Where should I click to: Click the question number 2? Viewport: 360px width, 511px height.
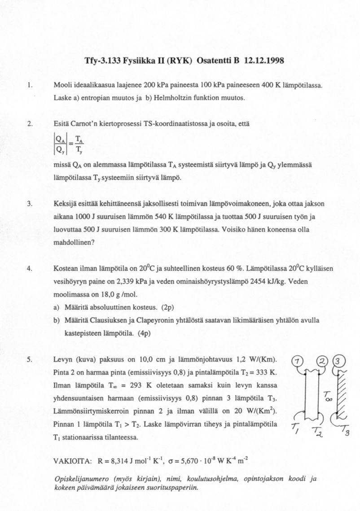click(30, 123)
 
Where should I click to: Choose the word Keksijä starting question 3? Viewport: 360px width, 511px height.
click(65, 204)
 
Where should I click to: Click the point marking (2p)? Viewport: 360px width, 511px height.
click(167, 308)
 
